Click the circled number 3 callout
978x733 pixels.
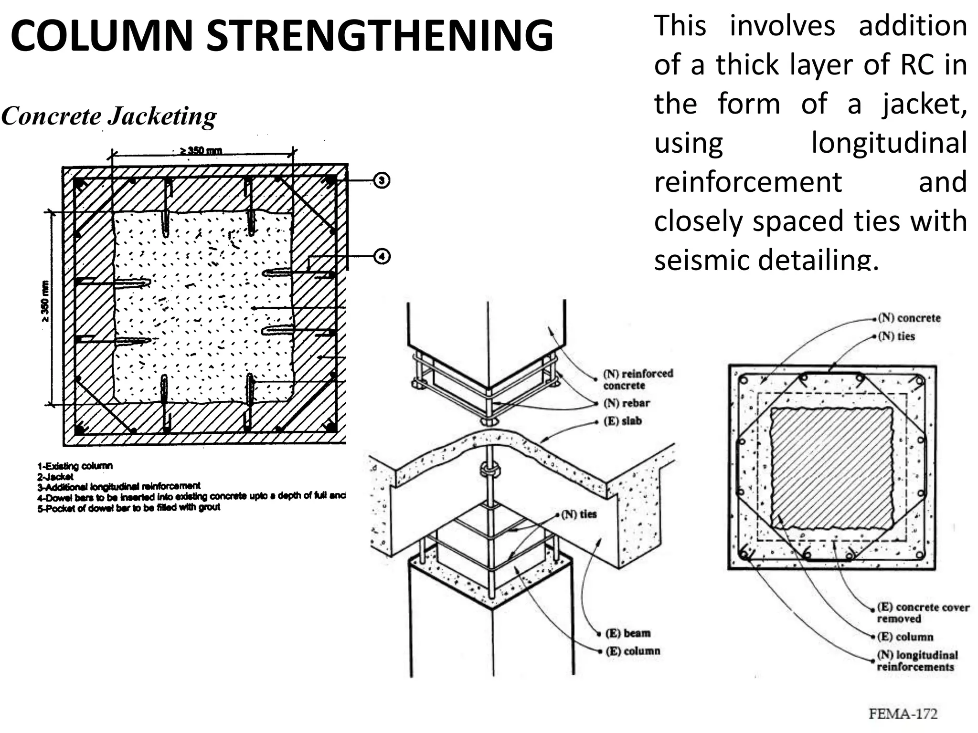pos(382,180)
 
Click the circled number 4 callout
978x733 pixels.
pos(382,257)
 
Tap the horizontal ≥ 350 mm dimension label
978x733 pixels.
pos(201,151)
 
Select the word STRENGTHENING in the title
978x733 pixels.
pos(380,36)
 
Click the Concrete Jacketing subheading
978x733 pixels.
pos(109,116)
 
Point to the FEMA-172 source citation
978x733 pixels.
pos(903,714)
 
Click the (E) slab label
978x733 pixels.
pos(623,421)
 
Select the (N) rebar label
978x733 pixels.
pos(627,403)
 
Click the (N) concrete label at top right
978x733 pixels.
pos(909,318)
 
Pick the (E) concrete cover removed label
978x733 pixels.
pos(923,613)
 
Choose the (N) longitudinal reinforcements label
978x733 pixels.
pos(917,661)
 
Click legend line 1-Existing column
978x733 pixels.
pos(75,466)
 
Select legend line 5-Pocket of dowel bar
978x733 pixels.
pos(129,508)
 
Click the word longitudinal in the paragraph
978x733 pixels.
pos(889,143)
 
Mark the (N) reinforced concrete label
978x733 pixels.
pos(638,379)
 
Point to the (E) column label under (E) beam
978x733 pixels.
pos(633,651)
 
